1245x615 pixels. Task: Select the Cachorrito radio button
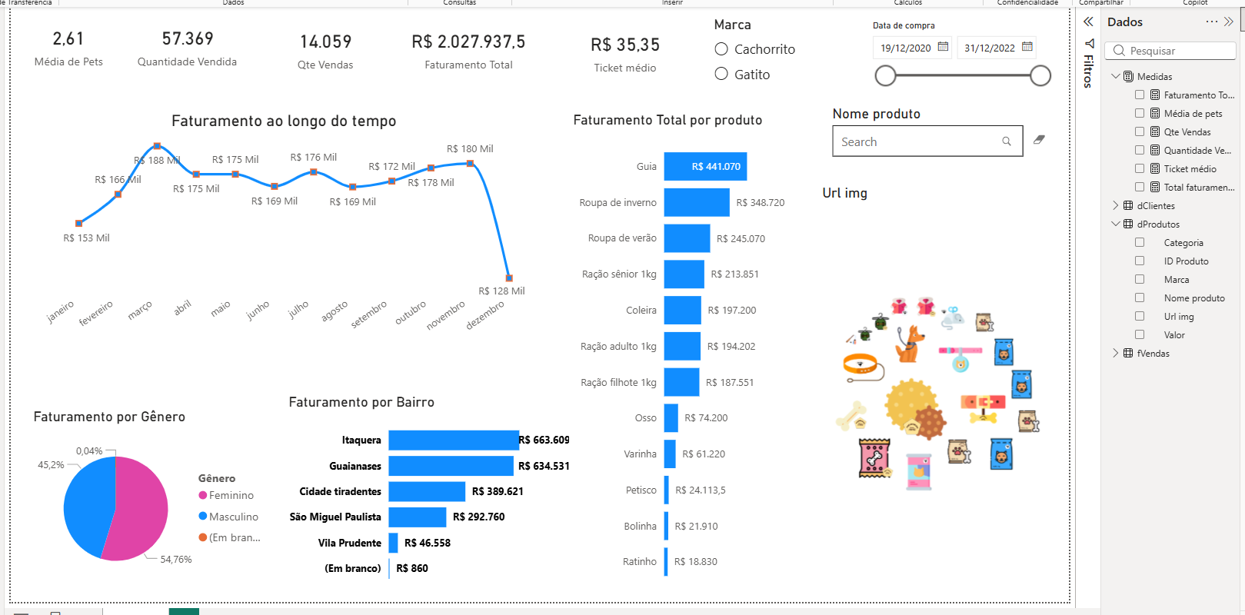tap(721, 49)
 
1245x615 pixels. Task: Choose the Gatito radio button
tap(721, 74)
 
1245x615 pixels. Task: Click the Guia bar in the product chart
tap(705, 166)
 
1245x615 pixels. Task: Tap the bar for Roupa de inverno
tap(697, 202)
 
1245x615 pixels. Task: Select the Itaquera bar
tap(454, 440)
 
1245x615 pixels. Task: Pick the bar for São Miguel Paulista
tap(417, 517)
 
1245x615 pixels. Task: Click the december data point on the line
tap(509, 278)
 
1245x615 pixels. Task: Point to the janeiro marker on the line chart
tap(79, 224)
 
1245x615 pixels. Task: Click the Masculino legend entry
tap(228, 517)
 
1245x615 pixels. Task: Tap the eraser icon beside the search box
tap(1039, 140)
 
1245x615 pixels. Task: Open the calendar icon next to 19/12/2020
tap(943, 47)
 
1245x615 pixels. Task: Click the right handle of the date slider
tap(1040, 75)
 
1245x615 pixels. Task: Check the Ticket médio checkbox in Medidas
tap(1140, 169)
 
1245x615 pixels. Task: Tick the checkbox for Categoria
tap(1140, 242)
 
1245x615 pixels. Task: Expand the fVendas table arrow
tap(1116, 353)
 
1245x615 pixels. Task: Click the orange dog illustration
tap(909, 344)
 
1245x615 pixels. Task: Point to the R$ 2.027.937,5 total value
tap(468, 42)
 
